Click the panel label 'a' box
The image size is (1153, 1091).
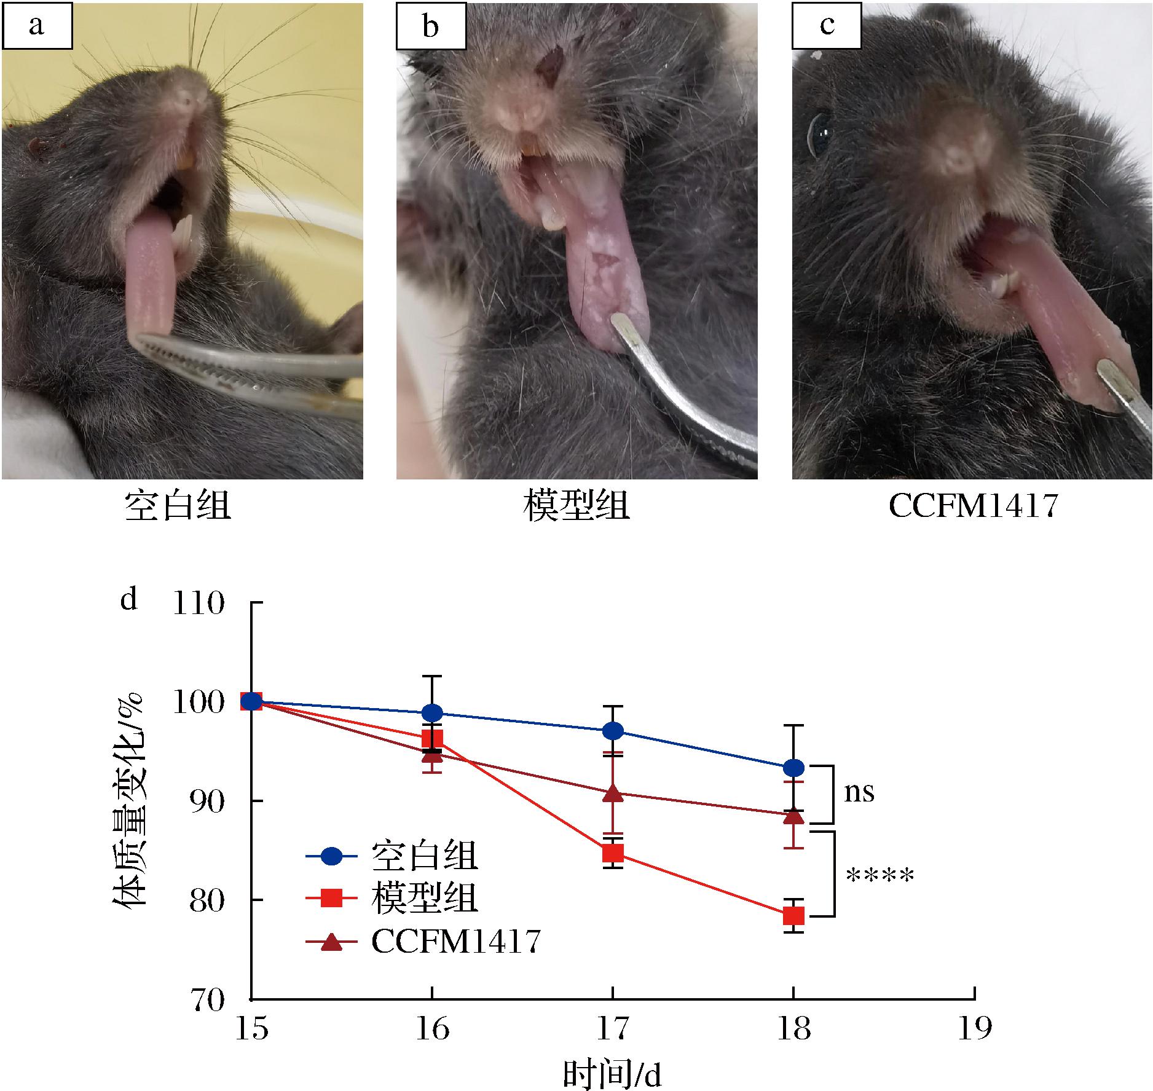click(x=37, y=26)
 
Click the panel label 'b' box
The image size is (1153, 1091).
click(x=431, y=26)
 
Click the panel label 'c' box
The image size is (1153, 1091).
click(x=827, y=26)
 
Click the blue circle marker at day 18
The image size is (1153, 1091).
click(x=793, y=768)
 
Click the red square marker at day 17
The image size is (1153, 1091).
click(x=613, y=853)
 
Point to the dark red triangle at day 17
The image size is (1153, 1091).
click(x=613, y=794)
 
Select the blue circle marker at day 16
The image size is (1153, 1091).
click(x=433, y=713)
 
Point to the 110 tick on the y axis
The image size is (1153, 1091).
click(x=199, y=603)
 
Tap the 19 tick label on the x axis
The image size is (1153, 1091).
click(x=974, y=1028)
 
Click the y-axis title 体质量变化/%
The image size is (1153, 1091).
click(x=129, y=799)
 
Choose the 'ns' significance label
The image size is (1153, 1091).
click(x=859, y=793)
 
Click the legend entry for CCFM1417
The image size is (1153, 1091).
click(x=455, y=942)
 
